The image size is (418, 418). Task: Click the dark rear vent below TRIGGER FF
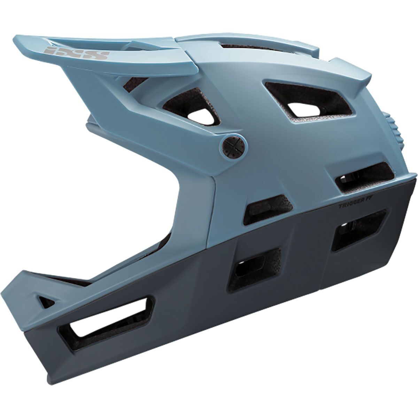(x=359, y=232)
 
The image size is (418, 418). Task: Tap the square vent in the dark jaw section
(x=256, y=268)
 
